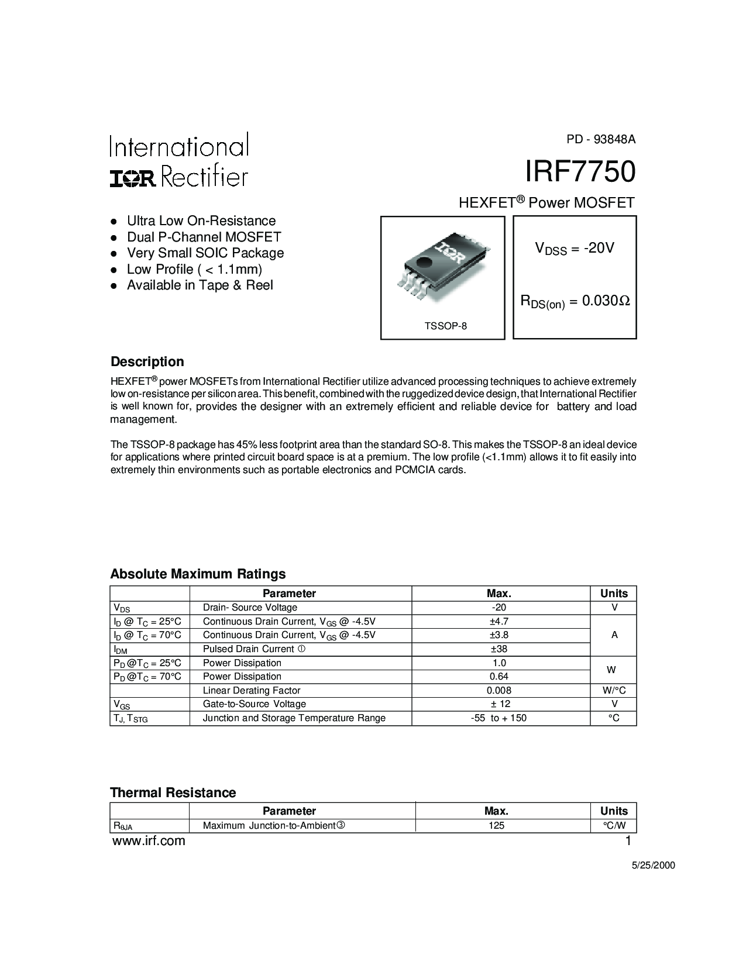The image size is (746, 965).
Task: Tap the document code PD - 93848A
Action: (600, 139)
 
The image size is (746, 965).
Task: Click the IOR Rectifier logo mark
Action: (133, 178)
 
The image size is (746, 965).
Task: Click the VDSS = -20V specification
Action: (575, 249)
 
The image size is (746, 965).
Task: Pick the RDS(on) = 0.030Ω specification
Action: (575, 302)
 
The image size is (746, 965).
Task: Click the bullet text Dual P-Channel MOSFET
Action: (204, 237)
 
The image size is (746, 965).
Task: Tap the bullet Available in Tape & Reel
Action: (200, 285)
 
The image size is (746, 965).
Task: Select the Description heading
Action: (147, 361)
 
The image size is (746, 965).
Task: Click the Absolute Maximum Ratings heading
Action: (198, 574)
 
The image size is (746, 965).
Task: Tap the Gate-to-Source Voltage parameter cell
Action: (254, 704)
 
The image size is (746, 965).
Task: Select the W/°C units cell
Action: (614, 690)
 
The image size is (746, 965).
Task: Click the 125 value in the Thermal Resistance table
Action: (496, 826)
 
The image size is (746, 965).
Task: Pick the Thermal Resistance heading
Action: (173, 792)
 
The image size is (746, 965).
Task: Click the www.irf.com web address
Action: (148, 841)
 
